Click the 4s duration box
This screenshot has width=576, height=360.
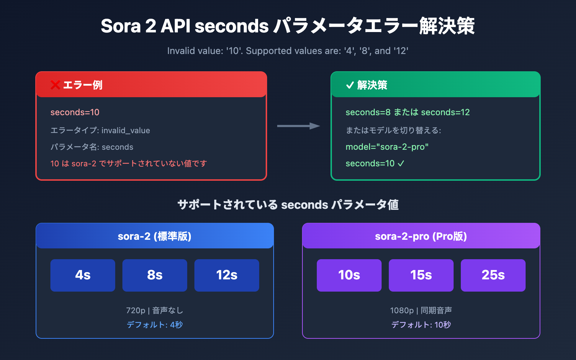83,275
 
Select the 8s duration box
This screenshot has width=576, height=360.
155,275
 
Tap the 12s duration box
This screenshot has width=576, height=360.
227,275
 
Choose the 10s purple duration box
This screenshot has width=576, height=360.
349,275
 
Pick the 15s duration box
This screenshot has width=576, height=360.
421,275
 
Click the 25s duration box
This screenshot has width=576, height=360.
493,275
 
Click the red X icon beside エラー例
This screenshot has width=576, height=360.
55,85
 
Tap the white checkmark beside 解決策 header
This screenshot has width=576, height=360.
350,85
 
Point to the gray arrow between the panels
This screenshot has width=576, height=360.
298,126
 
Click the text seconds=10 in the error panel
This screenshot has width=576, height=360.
75,112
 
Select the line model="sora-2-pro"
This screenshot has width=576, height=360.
387,147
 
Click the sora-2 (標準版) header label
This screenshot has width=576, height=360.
154,236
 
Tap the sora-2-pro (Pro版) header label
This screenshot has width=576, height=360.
421,236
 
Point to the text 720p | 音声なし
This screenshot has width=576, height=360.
154,310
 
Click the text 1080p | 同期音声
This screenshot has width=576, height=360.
421,310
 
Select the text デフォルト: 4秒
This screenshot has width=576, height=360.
154,325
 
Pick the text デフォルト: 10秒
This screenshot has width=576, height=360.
421,325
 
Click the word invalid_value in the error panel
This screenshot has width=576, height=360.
126,130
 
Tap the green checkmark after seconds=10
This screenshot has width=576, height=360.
401,163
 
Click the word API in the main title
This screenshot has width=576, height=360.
175,26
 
